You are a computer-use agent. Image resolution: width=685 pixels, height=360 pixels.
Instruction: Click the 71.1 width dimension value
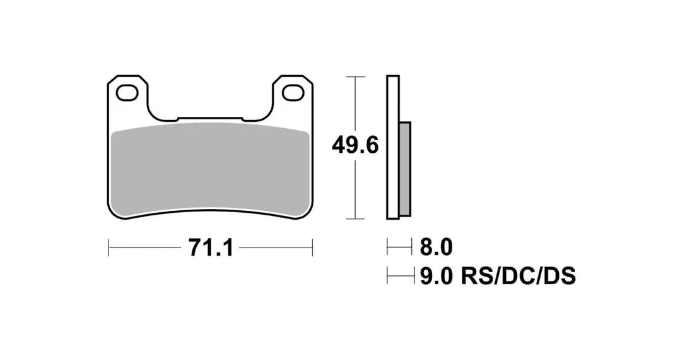pyautogui.click(x=211, y=248)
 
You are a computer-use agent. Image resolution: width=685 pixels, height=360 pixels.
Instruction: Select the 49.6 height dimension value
pyautogui.click(x=354, y=145)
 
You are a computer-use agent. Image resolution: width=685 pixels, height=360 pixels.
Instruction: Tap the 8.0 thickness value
pyautogui.click(x=436, y=248)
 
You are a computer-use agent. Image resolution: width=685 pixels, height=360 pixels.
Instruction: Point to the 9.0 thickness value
pyautogui.click(x=436, y=276)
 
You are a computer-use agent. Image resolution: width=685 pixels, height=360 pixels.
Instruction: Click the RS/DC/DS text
pyautogui.click(x=518, y=276)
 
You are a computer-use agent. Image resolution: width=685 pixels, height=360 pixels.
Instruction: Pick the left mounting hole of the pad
pyautogui.click(x=127, y=93)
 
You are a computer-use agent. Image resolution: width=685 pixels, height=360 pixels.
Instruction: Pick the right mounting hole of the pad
pyautogui.click(x=293, y=93)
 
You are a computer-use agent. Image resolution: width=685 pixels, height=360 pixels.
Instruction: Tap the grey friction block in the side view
pyautogui.click(x=405, y=169)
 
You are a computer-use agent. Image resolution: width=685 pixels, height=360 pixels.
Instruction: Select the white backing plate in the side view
pyautogui.click(x=393, y=147)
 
